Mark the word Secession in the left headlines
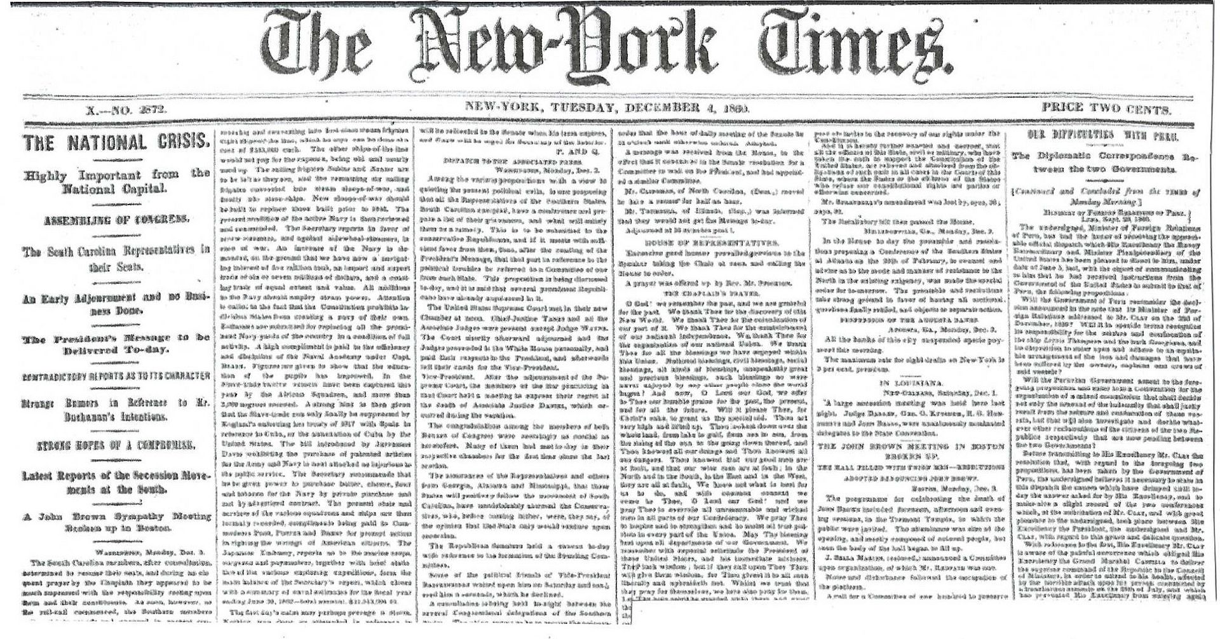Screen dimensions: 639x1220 point(151,475)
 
